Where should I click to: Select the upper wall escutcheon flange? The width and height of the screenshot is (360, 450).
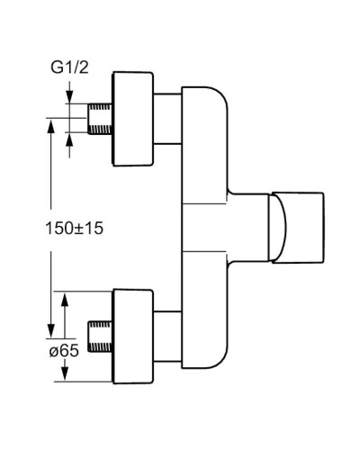coord(134,119)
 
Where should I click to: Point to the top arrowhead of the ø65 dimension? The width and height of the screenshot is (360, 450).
coord(65,295)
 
